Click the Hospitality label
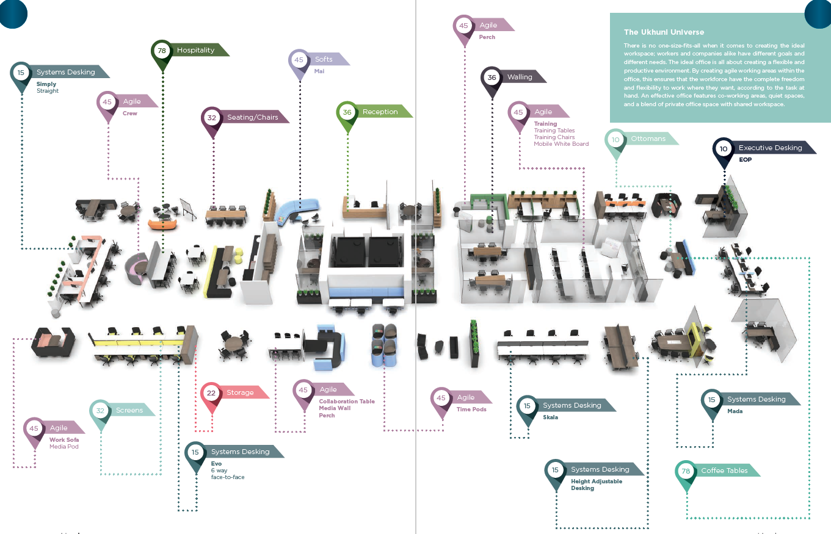coord(195,51)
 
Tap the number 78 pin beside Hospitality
coord(162,51)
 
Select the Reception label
coord(380,112)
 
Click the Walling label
coord(520,77)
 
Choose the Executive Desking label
coord(770,148)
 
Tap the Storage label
coord(240,392)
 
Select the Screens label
coord(129,410)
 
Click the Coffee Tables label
coord(724,471)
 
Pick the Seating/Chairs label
coord(252,117)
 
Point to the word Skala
coord(551,417)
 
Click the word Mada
coord(735,411)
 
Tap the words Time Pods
coord(471,410)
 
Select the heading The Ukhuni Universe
coord(664,32)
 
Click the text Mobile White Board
coord(561,144)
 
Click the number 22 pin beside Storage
coord(211,393)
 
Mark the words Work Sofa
coord(64,439)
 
